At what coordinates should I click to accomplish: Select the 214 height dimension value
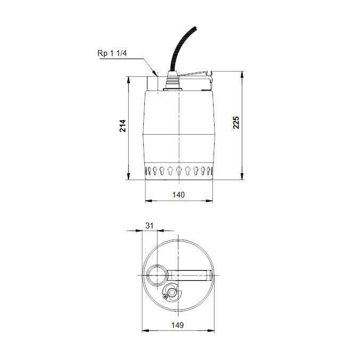[x=123, y=127]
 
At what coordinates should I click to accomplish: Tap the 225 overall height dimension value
[x=237, y=123]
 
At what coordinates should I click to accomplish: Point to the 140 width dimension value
[x=179, y=195]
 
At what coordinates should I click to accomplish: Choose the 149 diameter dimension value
[x=179, y=325]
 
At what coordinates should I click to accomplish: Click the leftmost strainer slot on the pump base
[x=148, y=171]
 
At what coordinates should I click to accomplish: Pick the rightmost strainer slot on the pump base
[x=211, y=171]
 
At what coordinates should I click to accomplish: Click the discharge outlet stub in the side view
[x=152, y=83]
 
